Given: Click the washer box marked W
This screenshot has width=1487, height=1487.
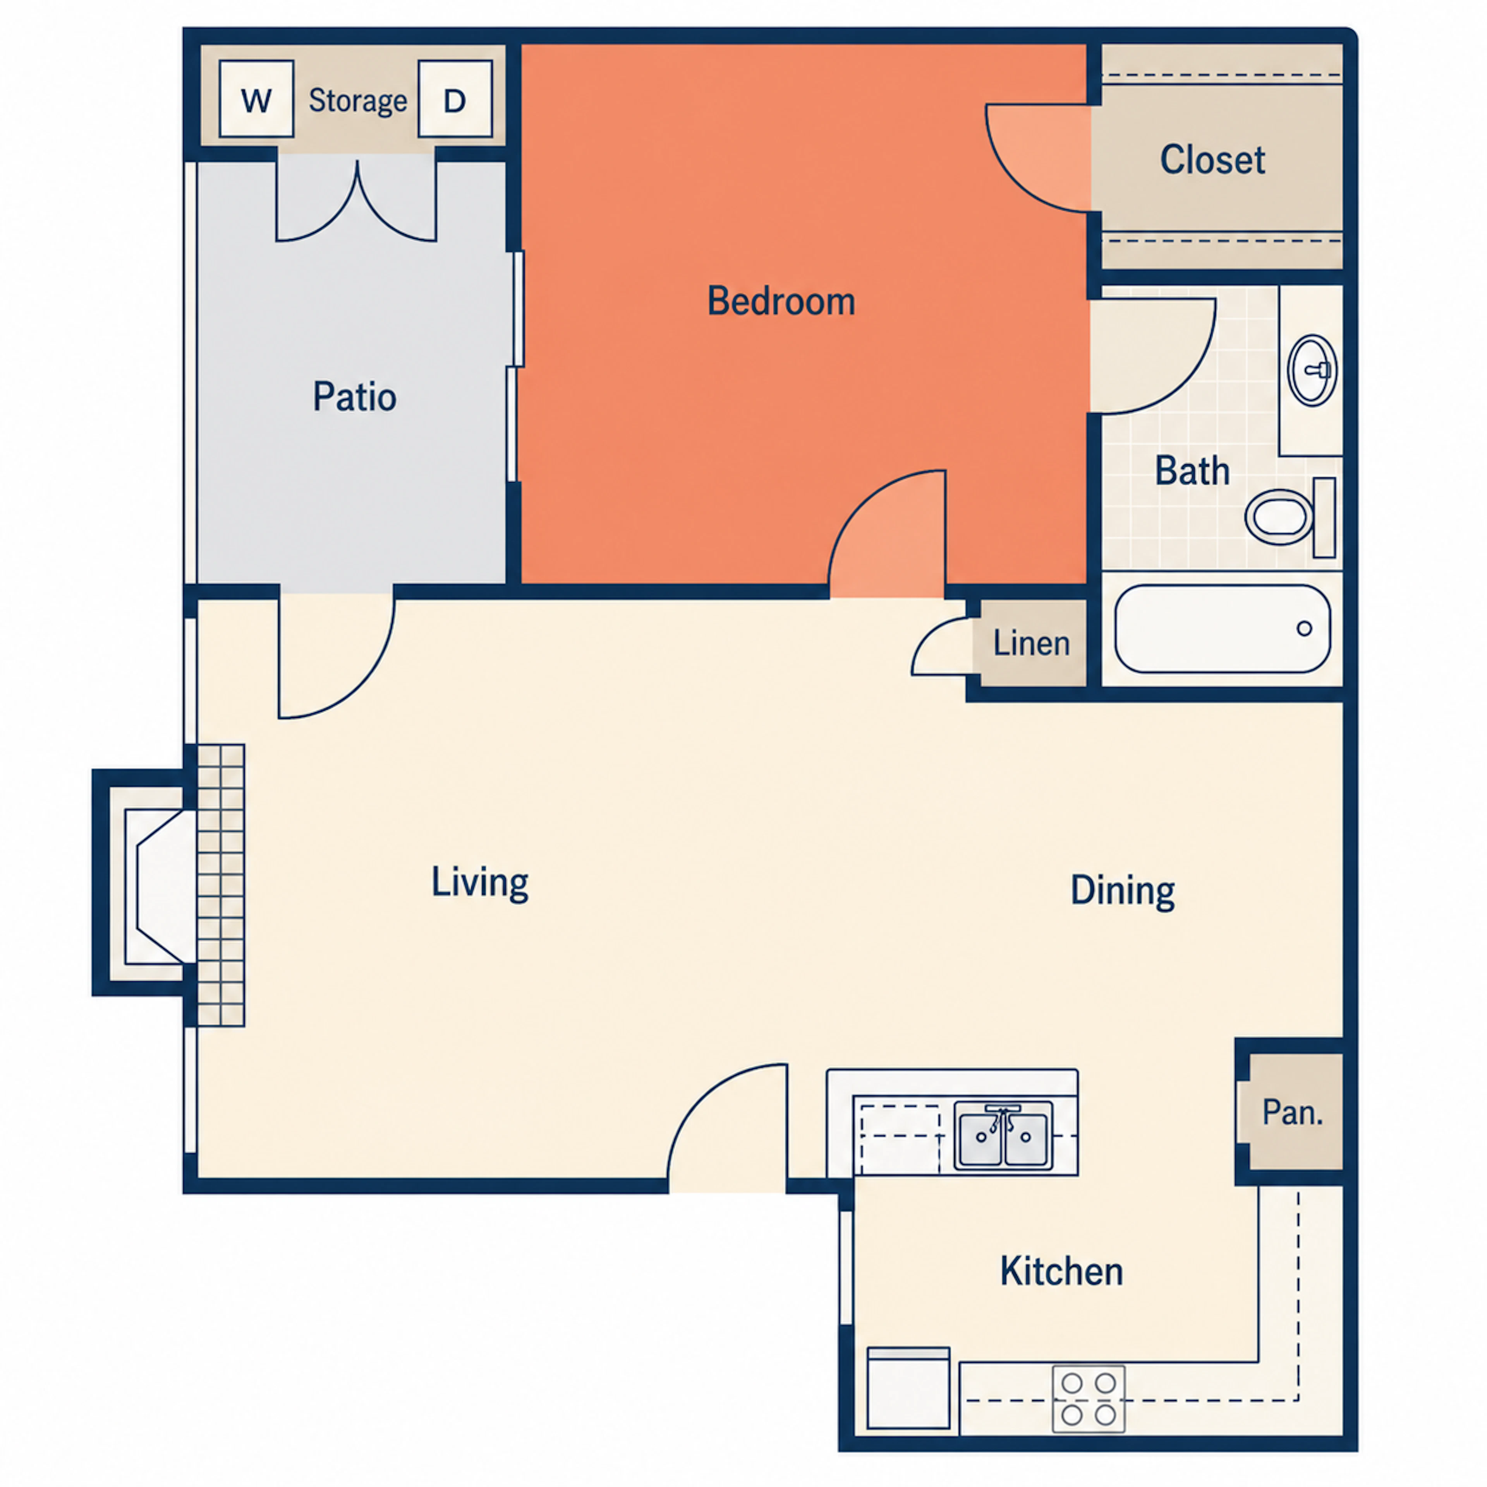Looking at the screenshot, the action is tap(256, 99).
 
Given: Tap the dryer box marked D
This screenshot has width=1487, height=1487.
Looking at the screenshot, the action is tap(455, 99).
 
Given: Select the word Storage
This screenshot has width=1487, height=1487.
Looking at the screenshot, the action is tap(358, 101).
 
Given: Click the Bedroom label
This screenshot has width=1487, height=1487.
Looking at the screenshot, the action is tap(781, 301).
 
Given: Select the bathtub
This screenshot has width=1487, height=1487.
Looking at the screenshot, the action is tap(1222, 629).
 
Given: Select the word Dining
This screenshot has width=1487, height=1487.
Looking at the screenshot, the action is tap(1123, 891).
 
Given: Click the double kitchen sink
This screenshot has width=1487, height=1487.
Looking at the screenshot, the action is tap(1003, 1135).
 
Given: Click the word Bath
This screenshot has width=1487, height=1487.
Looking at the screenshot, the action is tap(1192, 471).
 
